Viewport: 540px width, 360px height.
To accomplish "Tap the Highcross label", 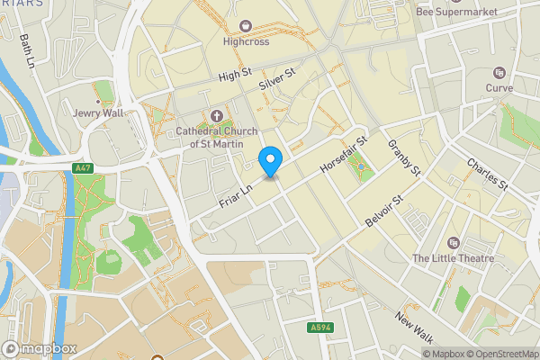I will tap(246, 40).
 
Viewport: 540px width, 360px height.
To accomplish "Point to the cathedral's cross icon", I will tap(215, 115).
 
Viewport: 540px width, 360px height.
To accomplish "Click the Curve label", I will tap(499, 88).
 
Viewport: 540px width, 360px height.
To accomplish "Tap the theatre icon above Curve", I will tap(499, 72).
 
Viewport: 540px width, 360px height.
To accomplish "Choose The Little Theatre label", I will tap(453, 258).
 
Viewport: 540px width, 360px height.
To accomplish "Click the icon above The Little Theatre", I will tap(453, 242).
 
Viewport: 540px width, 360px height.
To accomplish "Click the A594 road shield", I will tap(319, 327).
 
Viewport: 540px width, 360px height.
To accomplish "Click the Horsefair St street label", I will tap(346, 154).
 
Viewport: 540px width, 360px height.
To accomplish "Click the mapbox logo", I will tap(39, 348).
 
